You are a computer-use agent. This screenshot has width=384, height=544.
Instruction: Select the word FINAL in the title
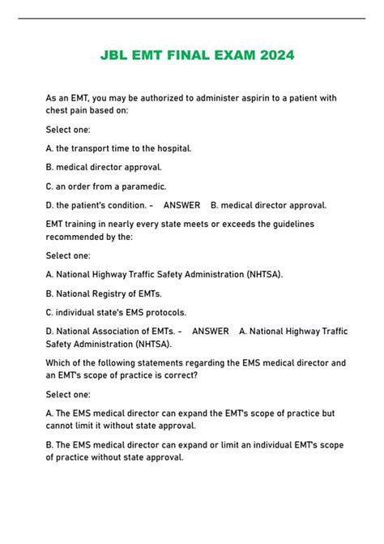point(185,55)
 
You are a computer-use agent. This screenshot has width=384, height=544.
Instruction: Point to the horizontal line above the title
point(192,18)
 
